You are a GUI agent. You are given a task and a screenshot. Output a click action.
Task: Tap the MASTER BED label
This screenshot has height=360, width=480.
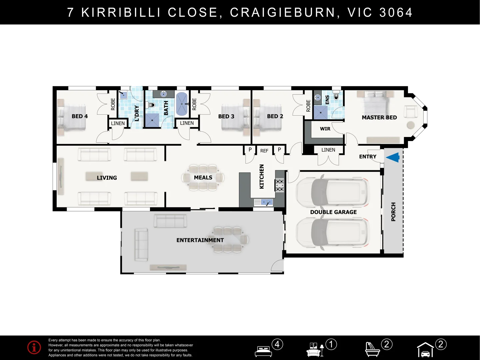pyautogui.click(x=379, y=117)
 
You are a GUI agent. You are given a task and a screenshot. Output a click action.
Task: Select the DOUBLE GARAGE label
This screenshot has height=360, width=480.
pyautogui.click(x=333, y=212)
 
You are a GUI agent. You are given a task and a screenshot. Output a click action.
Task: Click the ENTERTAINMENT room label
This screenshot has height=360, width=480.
pyautogui.click(x=200, y=240)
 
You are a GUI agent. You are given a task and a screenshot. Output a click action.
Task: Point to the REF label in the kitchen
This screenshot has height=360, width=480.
pyautogui.click(x=264, y=151)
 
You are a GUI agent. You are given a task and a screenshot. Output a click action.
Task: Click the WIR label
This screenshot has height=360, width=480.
pyautogui.click(x=325, y=129)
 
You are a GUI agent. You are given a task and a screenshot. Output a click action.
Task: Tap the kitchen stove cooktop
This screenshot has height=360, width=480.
pyautogui.click(x=279, y=185)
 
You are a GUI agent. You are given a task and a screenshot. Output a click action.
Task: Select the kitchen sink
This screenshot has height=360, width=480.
pyautogui.click(x=264, y=202)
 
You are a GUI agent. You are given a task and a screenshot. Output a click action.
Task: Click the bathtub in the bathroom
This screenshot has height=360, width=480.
pyautogui.click(x=182, y=104)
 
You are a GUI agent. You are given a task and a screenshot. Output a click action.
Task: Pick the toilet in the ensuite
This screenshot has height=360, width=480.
pyautogui.click(x=336, y=96)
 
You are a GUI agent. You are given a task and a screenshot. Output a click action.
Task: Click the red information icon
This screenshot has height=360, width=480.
pyautogui.click(x=34, y=347)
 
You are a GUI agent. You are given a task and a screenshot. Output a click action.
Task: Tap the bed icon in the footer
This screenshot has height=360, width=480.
pyautogui.click(x=263, y=351)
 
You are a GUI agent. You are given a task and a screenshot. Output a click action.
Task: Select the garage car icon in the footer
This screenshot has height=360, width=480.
pyautogui.click(x=425, y=351)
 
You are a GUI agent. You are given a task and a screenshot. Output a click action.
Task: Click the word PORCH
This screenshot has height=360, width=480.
pyautogui.click(x=393, y=212)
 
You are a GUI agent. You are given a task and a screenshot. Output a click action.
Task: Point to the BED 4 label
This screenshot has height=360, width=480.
pyautogui.click(x=80, y=116)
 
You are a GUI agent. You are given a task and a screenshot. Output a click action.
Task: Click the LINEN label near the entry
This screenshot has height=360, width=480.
pyautogui.click(x=328, y=150)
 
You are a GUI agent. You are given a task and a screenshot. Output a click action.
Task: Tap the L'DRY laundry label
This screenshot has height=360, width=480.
pyautogui.click(x=137, y=113)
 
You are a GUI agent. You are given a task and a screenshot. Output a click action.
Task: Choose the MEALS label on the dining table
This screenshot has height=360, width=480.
pyautogui.click(x=203, y=177)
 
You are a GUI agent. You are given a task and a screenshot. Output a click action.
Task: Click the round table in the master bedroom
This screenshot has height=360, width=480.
pyautogui.click(x=411, y=125)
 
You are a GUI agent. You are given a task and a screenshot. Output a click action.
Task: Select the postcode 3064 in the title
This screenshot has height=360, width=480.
pyautogui.click(x=396, y=12)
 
